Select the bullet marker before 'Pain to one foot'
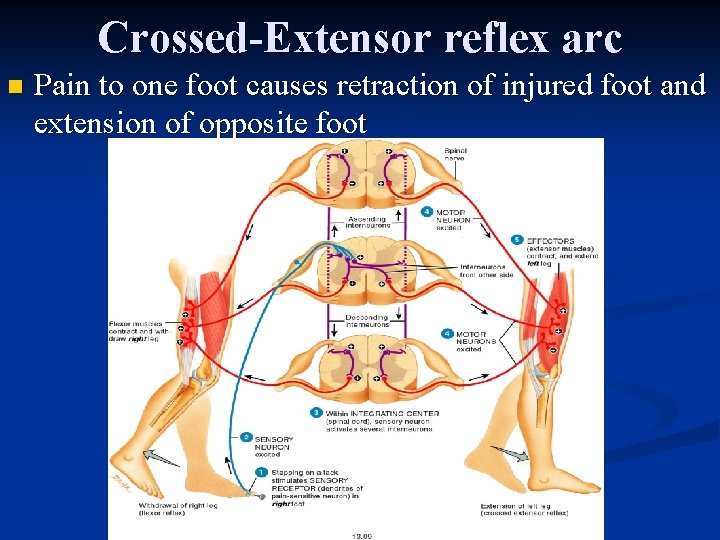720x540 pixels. [x=13, y=88]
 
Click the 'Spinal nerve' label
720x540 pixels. [x=456, y=153]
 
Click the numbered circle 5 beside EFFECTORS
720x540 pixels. [x=516, y=240]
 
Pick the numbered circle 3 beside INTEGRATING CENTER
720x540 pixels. [x=316, y=412]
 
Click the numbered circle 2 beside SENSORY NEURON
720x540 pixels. [x=246, y=437]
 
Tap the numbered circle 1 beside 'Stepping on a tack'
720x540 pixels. [x=261, y=471]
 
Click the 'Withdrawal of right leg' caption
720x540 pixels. [x=179, y=509]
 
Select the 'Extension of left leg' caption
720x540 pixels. [x=525, y=510]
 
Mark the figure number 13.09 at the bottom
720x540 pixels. [x=362, y=534]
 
